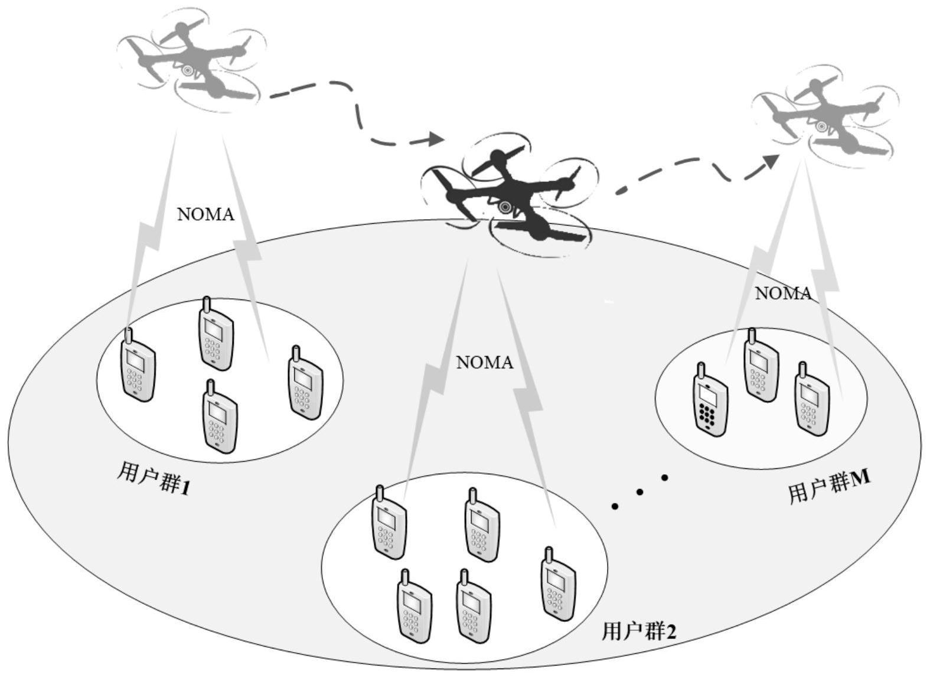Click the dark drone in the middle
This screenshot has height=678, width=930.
point(508,195)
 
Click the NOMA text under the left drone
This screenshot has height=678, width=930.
point(205,214)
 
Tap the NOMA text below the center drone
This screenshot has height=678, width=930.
point(485,362)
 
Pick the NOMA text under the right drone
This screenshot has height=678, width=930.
point(783,294)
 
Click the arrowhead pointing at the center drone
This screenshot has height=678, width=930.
point(436,139)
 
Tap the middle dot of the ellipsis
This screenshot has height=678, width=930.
point(639,491)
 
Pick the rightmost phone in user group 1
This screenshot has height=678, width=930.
point(305,384)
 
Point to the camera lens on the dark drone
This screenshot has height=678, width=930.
point(505,207)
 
